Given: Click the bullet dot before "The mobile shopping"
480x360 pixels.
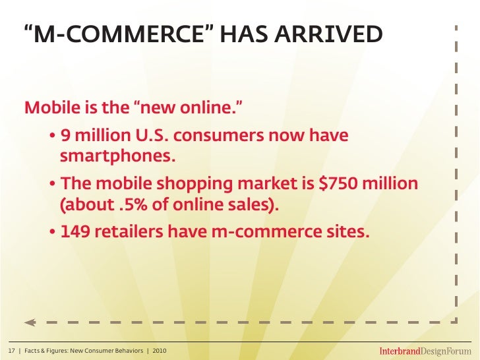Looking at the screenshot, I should (x=52, y=183).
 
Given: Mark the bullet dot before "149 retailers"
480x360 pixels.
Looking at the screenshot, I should (x=52, y=232).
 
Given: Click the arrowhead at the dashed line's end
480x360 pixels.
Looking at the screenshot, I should (x=29, y=322).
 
